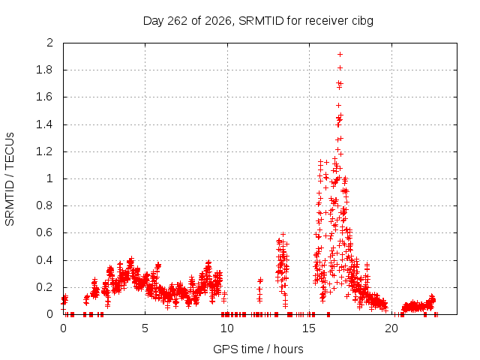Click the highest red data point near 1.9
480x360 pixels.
[340, 55]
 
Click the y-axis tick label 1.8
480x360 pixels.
[45, 70]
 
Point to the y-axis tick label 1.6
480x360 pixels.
[45, 97]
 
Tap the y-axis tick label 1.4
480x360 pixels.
[45, 124]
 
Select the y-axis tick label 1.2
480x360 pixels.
[45, 151]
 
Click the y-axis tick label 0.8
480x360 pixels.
[45, 205]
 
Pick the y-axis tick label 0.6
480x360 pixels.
[45, 232]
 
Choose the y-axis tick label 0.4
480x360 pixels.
[45, 260]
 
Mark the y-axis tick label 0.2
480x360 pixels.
[45, 287]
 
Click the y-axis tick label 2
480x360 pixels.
[50, 43]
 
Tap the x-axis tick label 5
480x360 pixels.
[145, 328]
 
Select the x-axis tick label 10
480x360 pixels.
[226, 328]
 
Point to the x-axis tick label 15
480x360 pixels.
[309, 328]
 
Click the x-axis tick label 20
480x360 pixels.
[391, 328]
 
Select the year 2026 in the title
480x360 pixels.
[218, 21]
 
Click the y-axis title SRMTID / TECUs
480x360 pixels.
[10, 179]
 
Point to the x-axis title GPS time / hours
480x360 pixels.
[258, 349]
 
